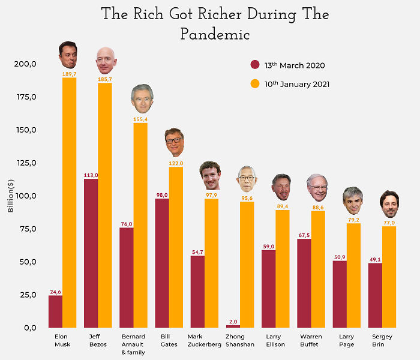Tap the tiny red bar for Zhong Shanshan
233,326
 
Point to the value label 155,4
140,119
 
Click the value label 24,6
55,292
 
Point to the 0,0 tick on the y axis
29,328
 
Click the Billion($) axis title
11,196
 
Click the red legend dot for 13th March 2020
254,65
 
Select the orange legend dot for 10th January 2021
254,84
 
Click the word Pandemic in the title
215,35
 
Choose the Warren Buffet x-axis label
311,340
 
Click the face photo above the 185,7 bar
106,60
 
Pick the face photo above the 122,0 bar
175,142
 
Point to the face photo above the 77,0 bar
389,204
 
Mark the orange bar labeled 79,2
353,275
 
